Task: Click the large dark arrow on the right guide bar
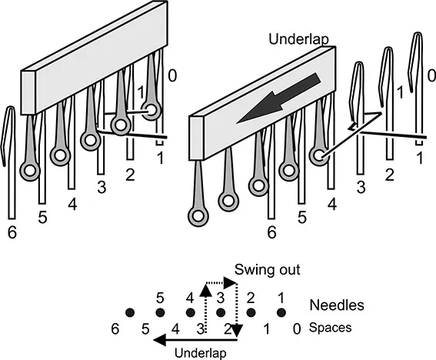point(278,98)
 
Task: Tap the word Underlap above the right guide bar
point(298,39)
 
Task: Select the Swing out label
point(268,269)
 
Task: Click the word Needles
point(337,305)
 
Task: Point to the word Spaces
point(330,328)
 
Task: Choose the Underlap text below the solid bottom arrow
point(200,353)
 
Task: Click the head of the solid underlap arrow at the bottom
point(160,340)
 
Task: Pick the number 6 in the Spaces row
point(115,328)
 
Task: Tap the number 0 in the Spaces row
point(297,329)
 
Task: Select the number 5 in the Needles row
point(160,298)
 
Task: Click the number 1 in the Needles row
point(281,298)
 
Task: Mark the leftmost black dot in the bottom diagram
point(130,313)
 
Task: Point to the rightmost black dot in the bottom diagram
point(281,313)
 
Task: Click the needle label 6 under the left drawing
point(12,232)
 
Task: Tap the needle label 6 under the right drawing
point(271,232)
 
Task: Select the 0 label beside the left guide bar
point(172,75)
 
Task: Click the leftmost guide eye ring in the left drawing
point(30,171)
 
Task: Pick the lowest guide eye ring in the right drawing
point(198,216)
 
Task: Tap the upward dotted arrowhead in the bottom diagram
point(206,291)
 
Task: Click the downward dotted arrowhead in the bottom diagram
point(237,331)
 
